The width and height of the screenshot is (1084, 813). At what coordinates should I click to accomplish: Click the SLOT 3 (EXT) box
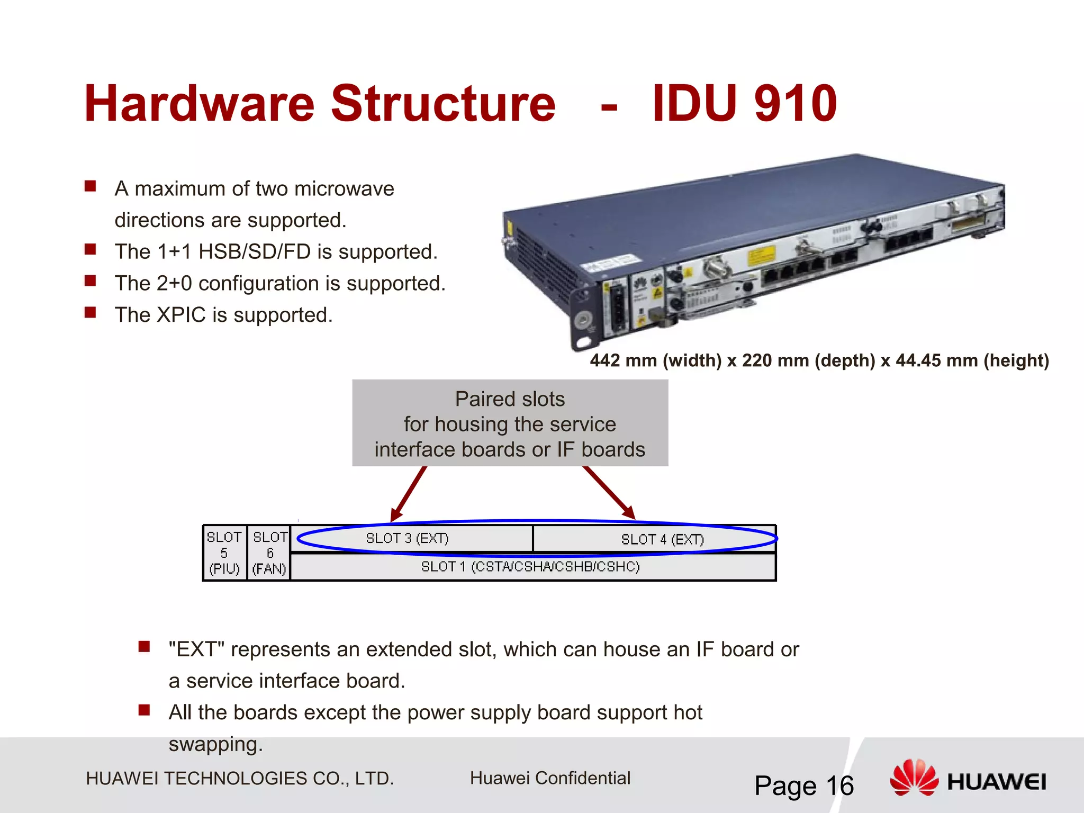[408, 539]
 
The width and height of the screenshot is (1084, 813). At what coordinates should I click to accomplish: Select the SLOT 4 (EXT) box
[662, 539]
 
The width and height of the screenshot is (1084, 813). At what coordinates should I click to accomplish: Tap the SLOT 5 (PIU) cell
[224, 553]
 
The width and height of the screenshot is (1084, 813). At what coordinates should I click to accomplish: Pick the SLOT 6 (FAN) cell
[269, 553]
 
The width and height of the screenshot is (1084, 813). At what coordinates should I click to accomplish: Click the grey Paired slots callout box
[510, 423]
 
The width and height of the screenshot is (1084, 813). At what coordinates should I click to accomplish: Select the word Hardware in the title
[200, 104]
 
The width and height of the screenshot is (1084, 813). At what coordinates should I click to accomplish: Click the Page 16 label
[803, 785]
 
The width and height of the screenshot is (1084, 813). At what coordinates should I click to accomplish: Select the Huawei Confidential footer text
[550, 778]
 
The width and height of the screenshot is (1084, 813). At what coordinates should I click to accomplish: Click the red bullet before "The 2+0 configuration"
[91, 281]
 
